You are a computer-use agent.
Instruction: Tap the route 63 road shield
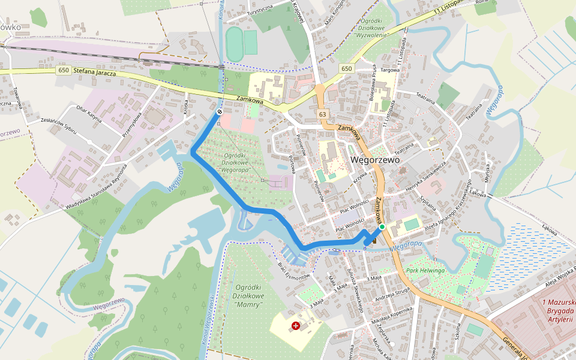coord(323,114)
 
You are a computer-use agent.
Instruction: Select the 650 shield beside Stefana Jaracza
coord(64,70)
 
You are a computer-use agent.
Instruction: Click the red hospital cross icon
coord(296,325)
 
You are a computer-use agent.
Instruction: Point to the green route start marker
coord(382,227)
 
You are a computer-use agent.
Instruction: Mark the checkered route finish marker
coord(220,111)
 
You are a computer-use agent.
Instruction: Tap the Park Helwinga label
coord(425,271)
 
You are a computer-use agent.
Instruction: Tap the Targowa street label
coord(391,70)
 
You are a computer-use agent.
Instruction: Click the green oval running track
coord(234,44)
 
